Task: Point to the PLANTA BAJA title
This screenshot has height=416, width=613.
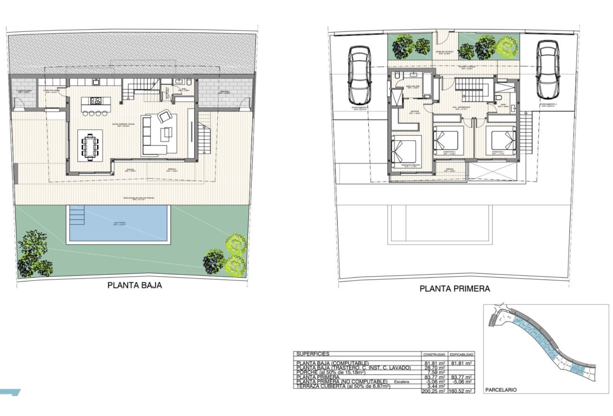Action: tap(135, 285)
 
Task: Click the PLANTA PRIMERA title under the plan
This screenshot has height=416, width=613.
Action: tap(455, 289)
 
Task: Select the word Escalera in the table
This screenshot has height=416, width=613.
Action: tap(401, 382)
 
